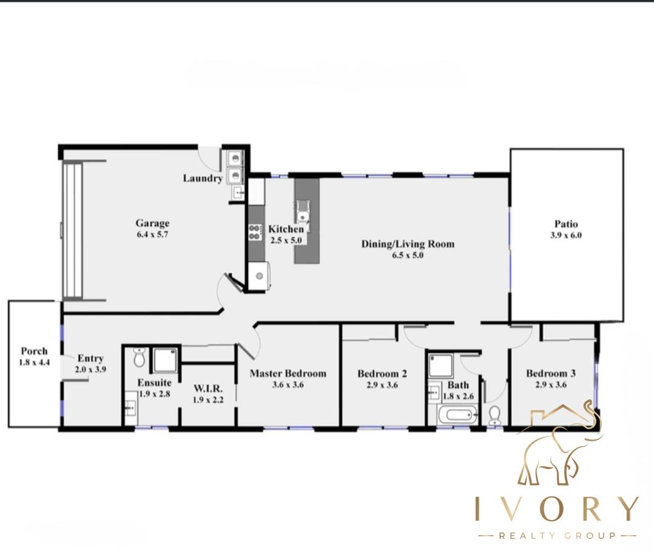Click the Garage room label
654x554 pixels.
[152, 223]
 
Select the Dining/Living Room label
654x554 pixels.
[408, 244]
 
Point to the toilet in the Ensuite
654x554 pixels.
[139, 358]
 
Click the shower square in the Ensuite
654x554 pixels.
[164, 360]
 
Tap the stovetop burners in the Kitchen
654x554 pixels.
[254, 232]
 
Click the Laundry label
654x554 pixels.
[203, 178]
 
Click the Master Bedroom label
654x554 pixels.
[288, 373]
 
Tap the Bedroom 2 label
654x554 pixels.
[382, 373]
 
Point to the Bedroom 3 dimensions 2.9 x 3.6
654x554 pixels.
[550, 384]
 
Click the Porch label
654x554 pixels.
[34, 351]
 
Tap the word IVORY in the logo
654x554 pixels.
[556, 509]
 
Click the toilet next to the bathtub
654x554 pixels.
[494, 415]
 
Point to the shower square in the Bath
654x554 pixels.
[441, 365]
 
